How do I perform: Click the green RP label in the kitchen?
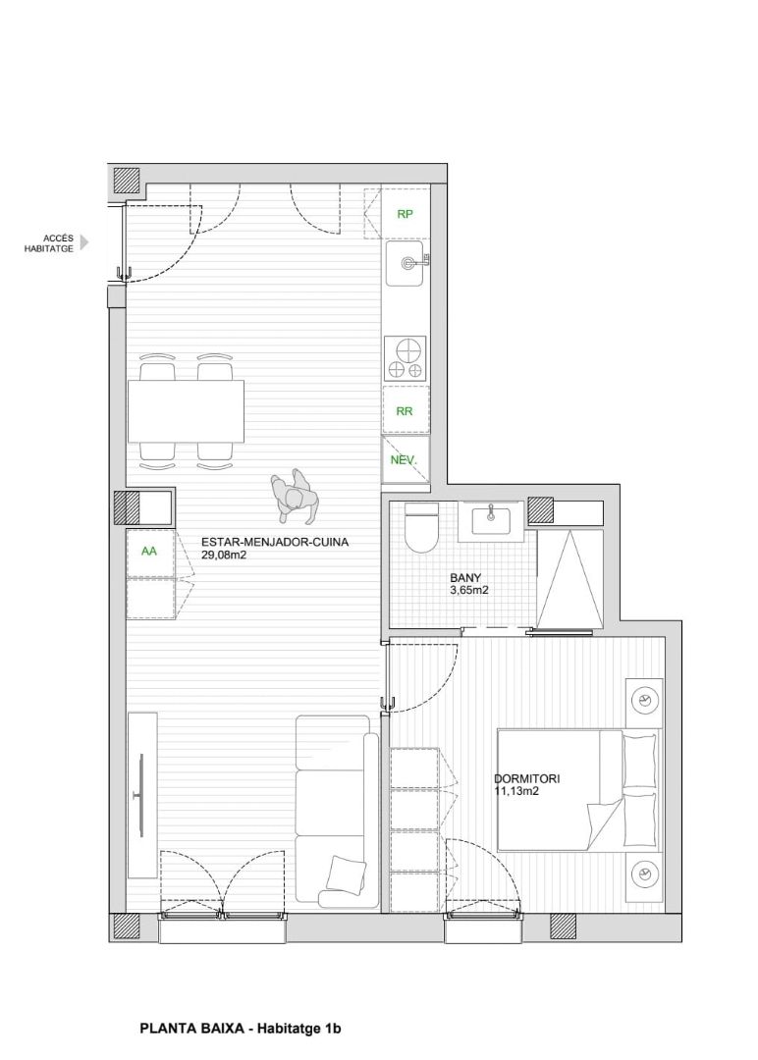(405, 214)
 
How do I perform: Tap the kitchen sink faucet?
(411, 263)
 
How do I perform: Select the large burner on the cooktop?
(407, 351)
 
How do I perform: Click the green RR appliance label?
(405, 411)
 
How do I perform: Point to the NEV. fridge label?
(405, 460)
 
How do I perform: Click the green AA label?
(149, 551)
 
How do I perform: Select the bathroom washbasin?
(492, 520)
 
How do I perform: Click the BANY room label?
(465, 578)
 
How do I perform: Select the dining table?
(186, 411)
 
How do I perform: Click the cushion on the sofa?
(347, 873)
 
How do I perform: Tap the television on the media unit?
(141, 796)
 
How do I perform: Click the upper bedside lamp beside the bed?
(644, 700)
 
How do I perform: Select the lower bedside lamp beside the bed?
(644, 874)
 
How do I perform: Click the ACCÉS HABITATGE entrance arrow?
(84, 242)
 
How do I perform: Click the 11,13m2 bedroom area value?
(515, 791)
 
